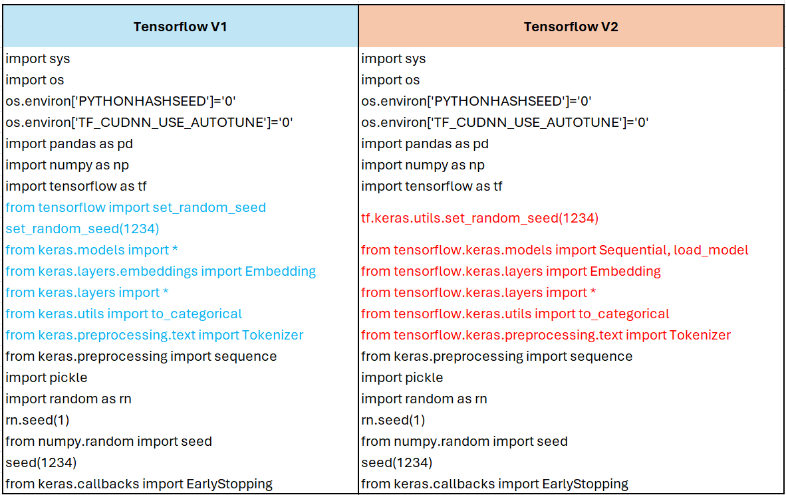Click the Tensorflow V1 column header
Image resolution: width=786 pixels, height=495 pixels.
point(180,27)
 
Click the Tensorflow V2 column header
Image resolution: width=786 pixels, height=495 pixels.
point(571,27)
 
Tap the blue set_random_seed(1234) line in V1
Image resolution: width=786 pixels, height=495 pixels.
point(82,229)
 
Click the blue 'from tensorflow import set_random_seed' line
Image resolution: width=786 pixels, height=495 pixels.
point(136,207)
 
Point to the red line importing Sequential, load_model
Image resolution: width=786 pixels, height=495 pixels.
point(555,250)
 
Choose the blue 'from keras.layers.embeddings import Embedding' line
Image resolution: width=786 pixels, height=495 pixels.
point(160,271)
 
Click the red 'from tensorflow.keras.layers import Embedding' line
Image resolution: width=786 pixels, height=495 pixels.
point(511,271)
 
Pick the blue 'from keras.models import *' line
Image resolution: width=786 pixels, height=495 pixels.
point(92,250)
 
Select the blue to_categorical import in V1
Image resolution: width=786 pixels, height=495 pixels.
point(124,314)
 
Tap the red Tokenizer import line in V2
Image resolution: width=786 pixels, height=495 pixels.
point(546,335)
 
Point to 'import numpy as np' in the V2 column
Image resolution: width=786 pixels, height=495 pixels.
point(423,165)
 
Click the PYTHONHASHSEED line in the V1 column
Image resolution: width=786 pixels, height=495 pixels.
point(121,101)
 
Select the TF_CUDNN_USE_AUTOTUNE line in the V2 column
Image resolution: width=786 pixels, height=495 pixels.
point(505,122)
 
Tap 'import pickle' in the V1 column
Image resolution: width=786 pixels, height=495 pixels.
point(47,377)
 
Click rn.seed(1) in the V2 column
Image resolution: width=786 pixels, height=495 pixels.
point(393,420)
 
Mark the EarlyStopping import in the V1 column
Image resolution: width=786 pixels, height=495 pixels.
point(139,484)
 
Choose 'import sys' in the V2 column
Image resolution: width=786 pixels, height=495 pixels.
point(393,58)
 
